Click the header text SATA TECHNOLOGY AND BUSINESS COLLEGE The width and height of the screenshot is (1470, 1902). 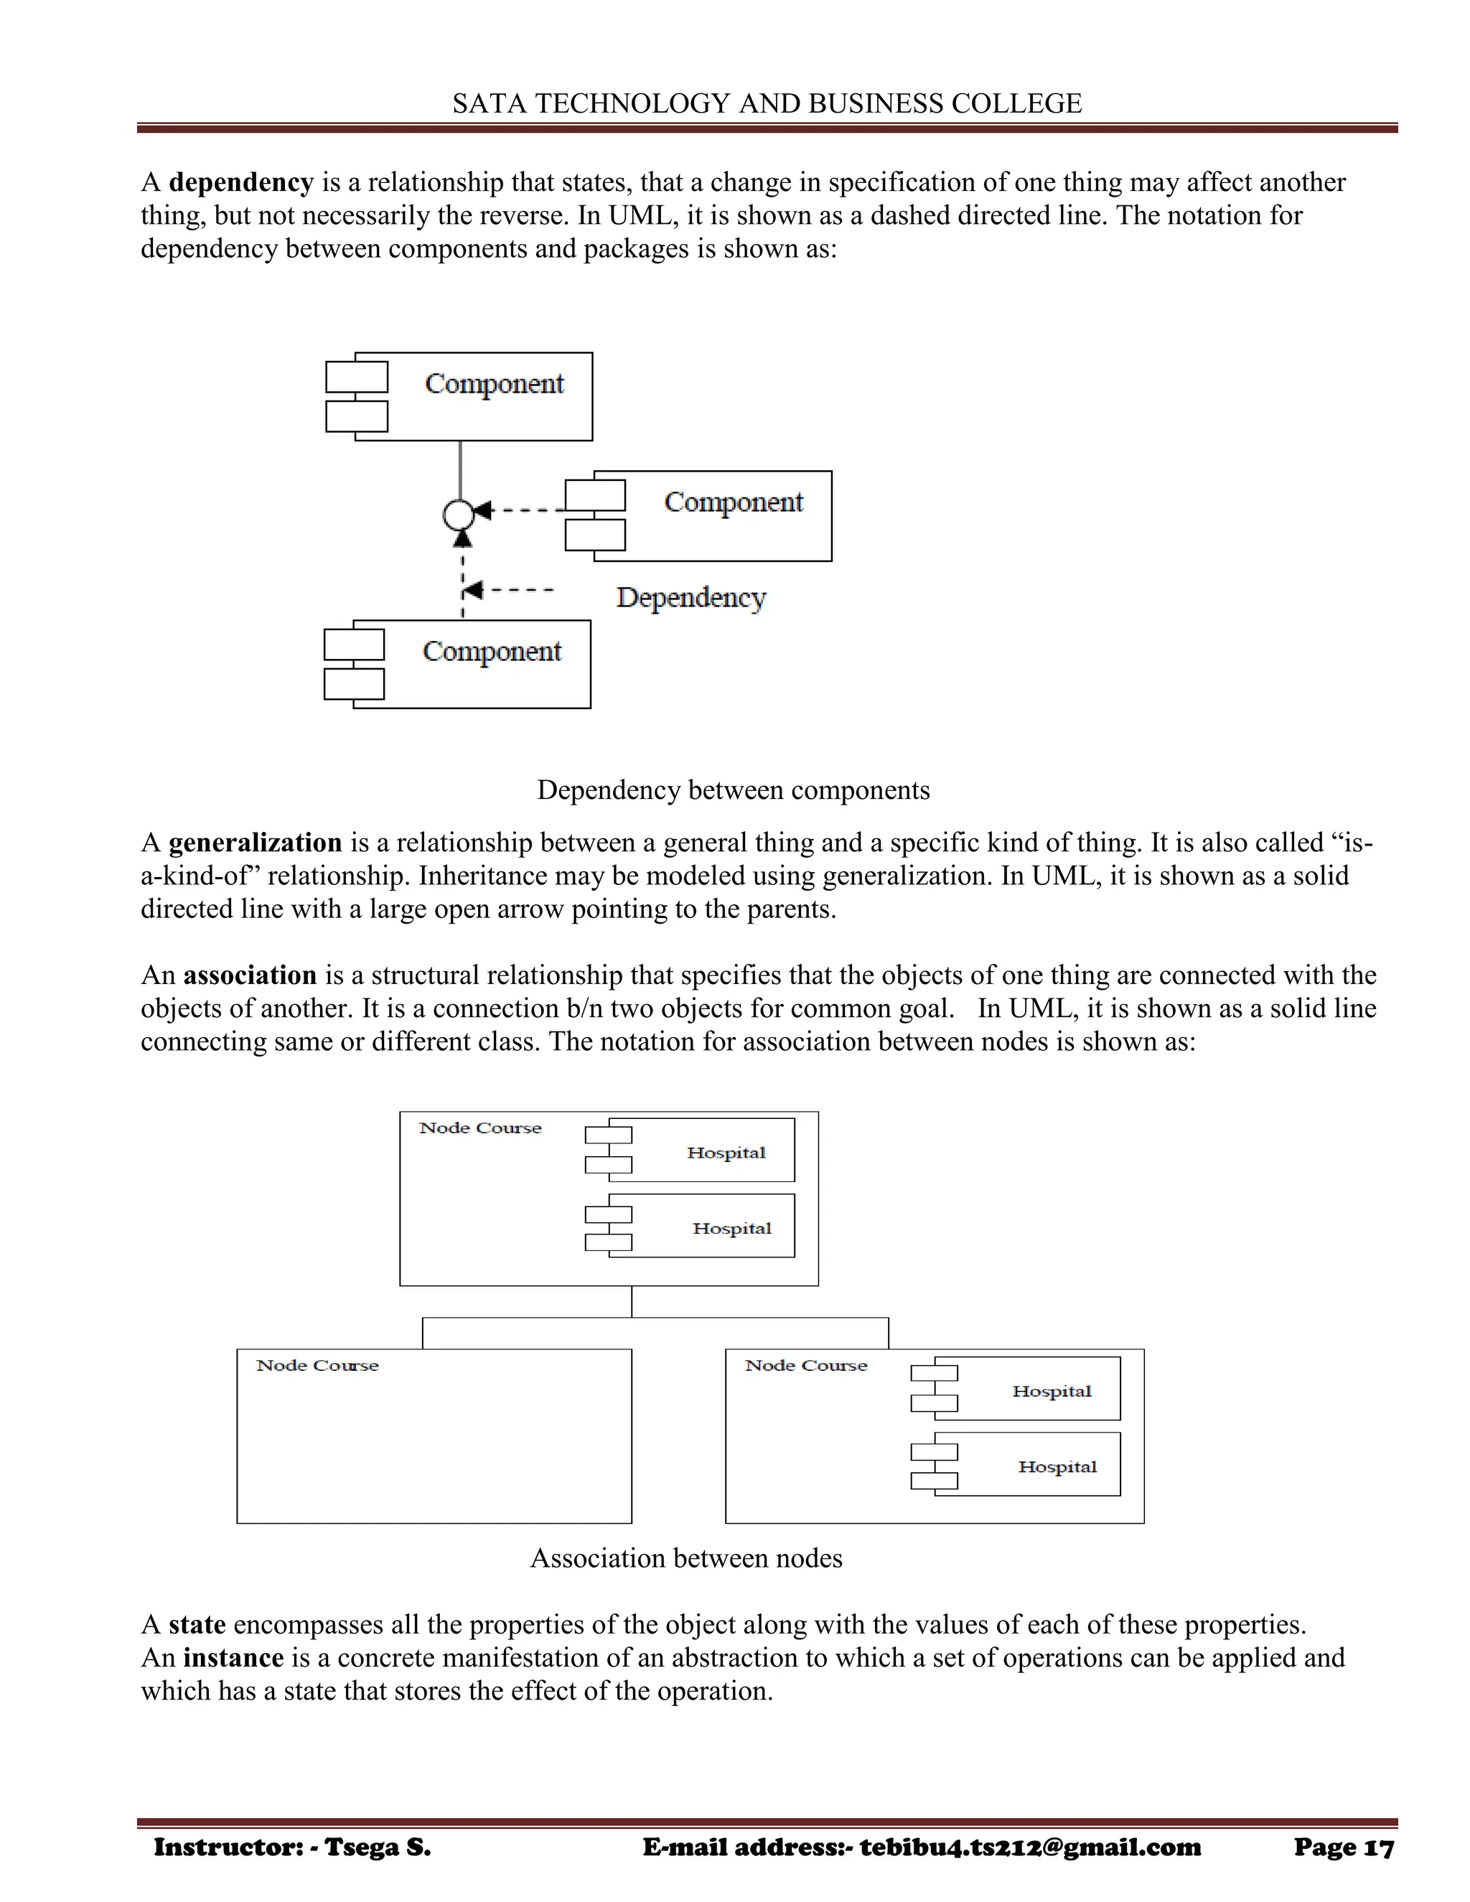pyautogui.click(x=767, y=103)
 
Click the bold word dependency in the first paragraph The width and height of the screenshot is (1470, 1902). pyautogui.click(x=240, y=182)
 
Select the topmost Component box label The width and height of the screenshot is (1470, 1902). pyautogui.click(x=494, y=384)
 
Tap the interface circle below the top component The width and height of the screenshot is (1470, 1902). pyautogui.click(x=458, y=515)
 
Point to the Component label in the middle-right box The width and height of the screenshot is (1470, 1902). pyautogui.click(x=734, y=502)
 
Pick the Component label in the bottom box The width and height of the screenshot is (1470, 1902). pyautogui.click(x=491, y=652)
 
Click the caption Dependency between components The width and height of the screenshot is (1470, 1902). pyautogui.click(x=734, y=790)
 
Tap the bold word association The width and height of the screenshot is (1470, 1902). pyautogui.click(x=249, y=975)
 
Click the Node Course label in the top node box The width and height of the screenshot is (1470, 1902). pyautogui.click(x=480, y=1128)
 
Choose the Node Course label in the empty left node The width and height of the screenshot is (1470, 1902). pyautogui.click(x=317, y=1366)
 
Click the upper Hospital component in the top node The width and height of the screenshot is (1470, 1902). pyautogui.click(x=726, y=1152)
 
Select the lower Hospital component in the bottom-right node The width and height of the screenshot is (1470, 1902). pyautogui.click(x=1057, y=1466)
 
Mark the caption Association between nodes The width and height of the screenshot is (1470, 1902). pyautogui.click(x=686, y=1558)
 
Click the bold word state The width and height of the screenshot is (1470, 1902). pyautogui.click(x=197, y=1624)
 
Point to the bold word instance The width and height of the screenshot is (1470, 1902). pyautogui.click(x=233, y=1657)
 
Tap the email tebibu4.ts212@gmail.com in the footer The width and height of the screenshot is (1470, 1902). pyautogui.click(x=1030, y=1847)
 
